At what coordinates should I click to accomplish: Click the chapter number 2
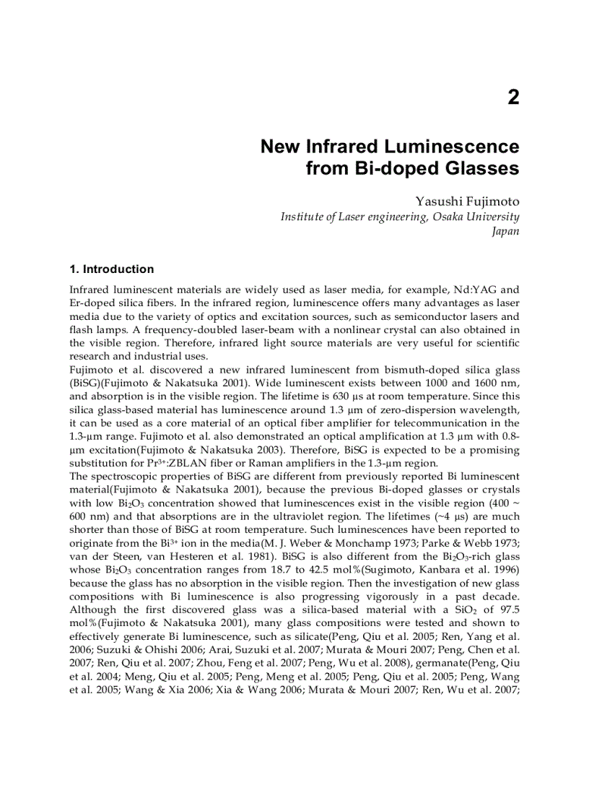pyautogui.click(x=512, y=97)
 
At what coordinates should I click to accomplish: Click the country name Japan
pyautogui.click(x=505, y=232)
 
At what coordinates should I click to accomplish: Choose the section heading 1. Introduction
pyautogui.click(x=111, y=269)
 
